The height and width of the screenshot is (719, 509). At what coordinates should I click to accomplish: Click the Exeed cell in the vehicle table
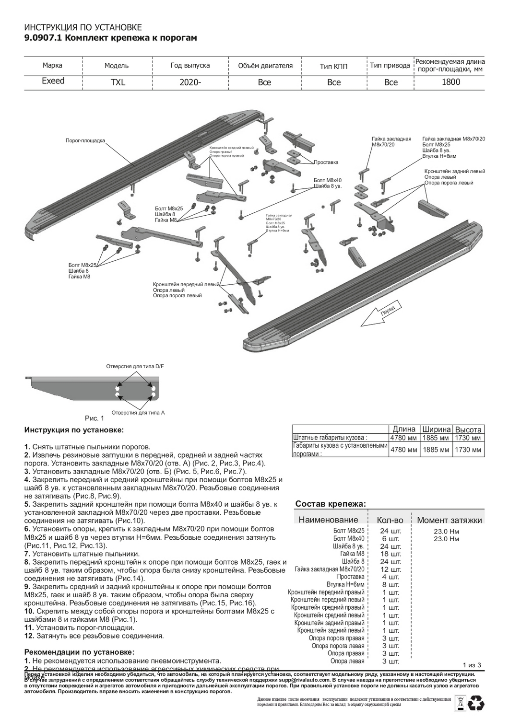(53, 81)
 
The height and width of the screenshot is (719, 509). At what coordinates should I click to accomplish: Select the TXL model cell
(118, 82)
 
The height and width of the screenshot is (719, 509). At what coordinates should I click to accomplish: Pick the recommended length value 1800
(450, 81)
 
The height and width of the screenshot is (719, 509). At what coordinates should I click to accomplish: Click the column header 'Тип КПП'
(333, 66)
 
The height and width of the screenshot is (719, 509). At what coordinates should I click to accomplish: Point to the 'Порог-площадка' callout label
(85, 140)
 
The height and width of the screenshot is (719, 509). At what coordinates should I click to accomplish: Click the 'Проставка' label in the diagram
(326, 162)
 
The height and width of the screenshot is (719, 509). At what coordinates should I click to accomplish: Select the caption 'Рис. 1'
(94, 418)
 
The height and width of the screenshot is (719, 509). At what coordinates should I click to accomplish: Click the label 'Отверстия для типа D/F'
(135, 366)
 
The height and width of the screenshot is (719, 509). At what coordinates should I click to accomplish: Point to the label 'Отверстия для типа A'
(138, 412)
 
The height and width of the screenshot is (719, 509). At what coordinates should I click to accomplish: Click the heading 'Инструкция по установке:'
(74, 430)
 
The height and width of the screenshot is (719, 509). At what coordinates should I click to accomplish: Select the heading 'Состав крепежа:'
(331, 504)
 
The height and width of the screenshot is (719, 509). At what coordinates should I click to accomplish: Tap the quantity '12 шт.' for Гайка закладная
(391, 569)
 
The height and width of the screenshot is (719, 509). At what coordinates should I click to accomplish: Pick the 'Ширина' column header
(436, 429)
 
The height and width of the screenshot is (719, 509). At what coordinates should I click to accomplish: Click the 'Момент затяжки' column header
(449, 520)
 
